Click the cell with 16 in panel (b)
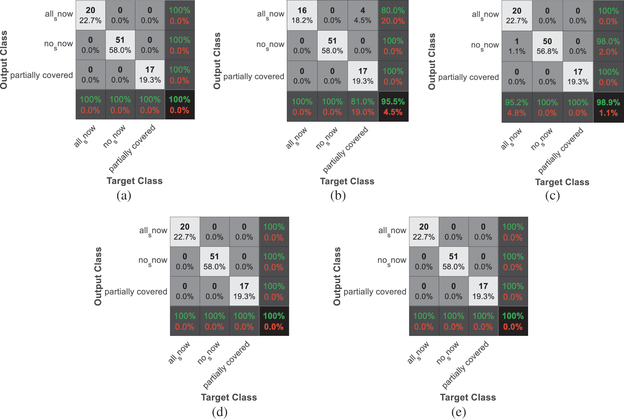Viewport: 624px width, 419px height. tap(302, 15)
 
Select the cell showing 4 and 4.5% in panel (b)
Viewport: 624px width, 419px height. tap(363, 15)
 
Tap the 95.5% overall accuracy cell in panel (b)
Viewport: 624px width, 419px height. tap(393, 107)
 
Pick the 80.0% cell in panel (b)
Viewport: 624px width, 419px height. tap(393, 15)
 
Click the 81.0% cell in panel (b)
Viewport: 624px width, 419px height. tap(363, 107)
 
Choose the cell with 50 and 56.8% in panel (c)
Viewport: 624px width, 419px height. tap(547, 46)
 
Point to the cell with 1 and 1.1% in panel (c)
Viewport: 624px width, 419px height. tap(517, 46)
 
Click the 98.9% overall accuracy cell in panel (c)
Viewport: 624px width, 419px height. tap(608, 108)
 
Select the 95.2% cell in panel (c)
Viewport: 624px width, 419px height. tap(517, 108)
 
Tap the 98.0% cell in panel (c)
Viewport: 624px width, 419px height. tap(608, 46)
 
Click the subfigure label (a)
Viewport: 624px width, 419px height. tap(124, 196)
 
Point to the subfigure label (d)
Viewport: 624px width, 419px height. tap(219, 412)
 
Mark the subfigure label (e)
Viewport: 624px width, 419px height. tap(458, 412)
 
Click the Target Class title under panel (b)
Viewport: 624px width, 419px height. tap(347, 181)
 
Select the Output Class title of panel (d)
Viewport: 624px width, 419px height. tap(98, 276)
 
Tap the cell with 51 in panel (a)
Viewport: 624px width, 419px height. tap(120, 45)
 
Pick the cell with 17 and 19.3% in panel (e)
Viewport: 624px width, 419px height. tap(483, 291)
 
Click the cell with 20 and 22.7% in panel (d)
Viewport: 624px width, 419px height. tap(185, 232)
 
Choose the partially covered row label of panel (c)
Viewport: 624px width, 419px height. tap(468, 77)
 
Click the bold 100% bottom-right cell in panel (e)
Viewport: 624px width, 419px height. tap(513, 321)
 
